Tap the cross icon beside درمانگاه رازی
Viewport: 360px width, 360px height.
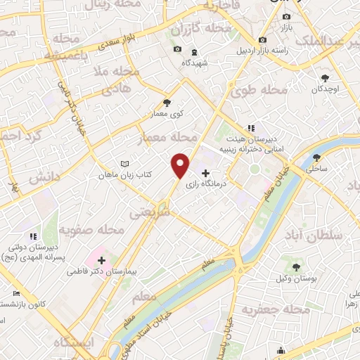pos(205,173)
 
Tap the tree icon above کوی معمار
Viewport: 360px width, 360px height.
pos(167,102)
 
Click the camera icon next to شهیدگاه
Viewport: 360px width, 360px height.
pos(177,49)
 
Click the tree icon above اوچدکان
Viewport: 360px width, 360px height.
pos(325,79)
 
